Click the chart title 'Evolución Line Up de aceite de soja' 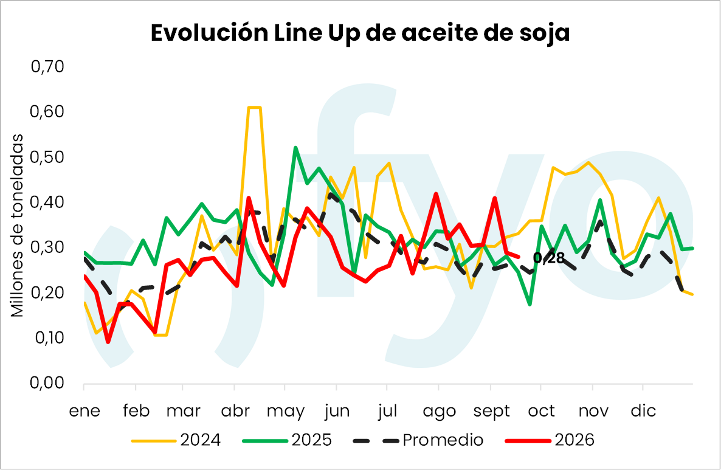(x=360, y=33)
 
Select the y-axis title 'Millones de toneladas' (x=17, y=226)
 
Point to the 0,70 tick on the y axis (x=47, y=67)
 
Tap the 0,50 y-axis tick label (x=47, y=157)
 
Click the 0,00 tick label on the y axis (x=47, y=382)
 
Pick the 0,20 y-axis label (x=47, y=292)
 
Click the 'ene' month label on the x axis (x=85, y=410)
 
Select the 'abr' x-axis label (x=235, y=410)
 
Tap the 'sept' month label (x=492, y=411)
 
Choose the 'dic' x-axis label (x=643, y=410)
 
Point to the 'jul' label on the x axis (x=387, y=410)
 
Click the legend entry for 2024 (x=176, y=440)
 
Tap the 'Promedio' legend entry (x=418, y=440)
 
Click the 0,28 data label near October (x=548, y=258)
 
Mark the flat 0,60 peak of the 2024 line (x=254, y=108)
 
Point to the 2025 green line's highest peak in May (x=295, y=148)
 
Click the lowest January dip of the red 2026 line (x=108, y=342)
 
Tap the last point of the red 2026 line (x=519, y=257)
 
